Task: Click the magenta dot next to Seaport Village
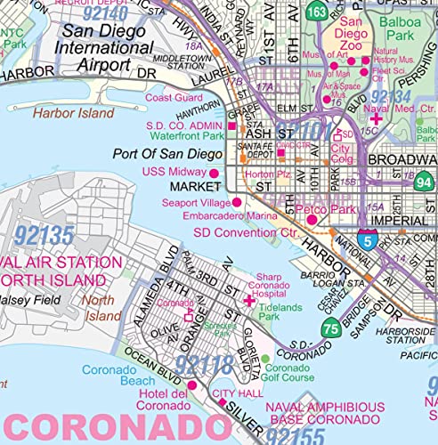[237, 203]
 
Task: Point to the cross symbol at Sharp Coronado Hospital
[249, 303]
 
